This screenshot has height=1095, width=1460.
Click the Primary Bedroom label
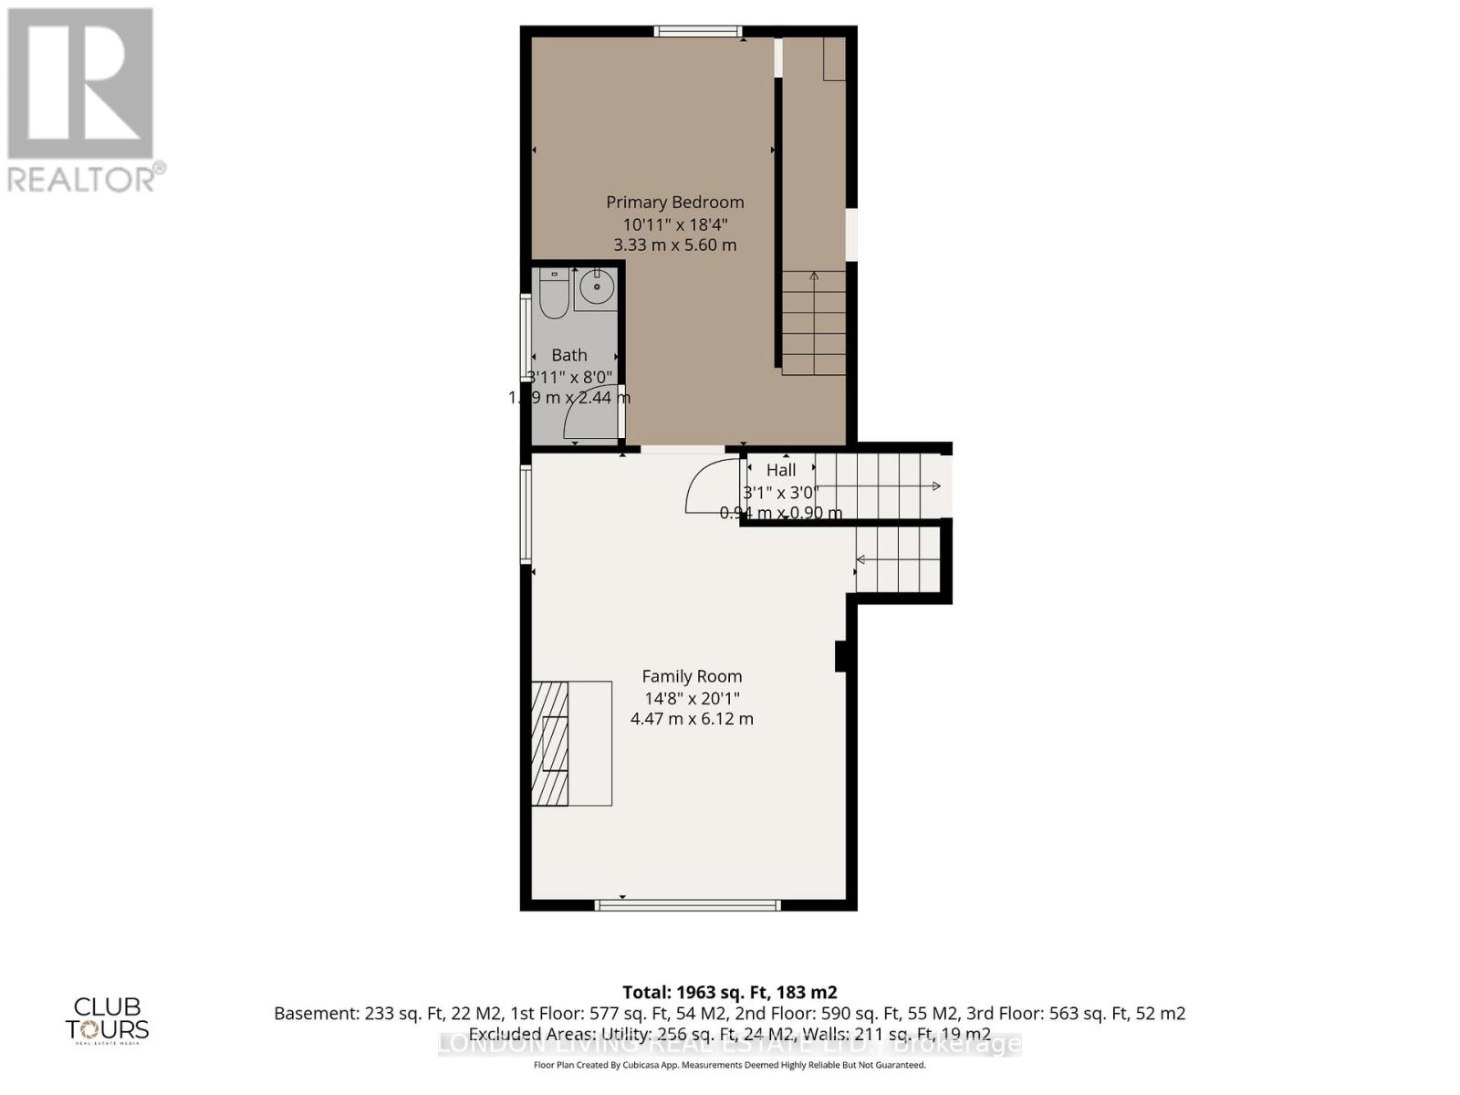674,203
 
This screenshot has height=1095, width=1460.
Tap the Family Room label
692,676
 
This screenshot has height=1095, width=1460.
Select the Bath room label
569,355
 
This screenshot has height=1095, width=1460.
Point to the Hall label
781,470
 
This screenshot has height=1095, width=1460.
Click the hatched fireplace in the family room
550,743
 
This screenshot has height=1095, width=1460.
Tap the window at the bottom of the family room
688,905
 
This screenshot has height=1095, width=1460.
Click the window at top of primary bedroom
698,32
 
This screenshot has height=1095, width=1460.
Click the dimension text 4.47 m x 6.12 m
692,719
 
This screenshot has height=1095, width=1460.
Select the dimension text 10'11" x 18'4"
674,224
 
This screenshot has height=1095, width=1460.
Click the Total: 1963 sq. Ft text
729,992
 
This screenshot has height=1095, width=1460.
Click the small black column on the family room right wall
842,656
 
